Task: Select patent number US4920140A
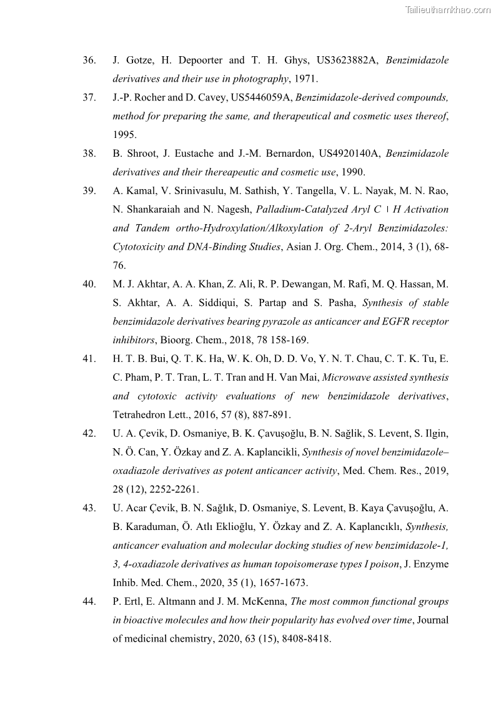pos(348,154)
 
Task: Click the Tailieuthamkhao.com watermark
pos(447,9)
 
